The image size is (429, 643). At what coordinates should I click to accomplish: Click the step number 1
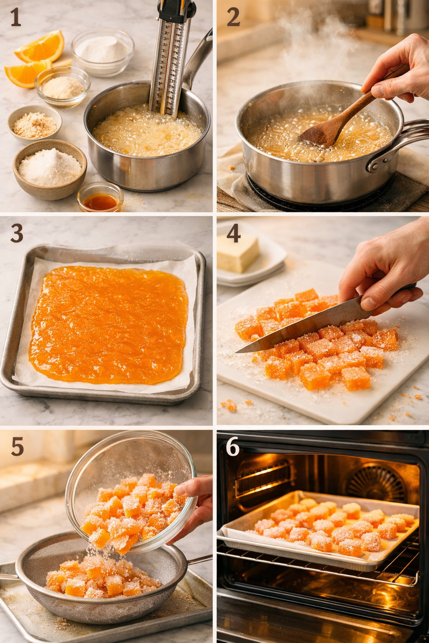pyautogui.click(x=16, y=18)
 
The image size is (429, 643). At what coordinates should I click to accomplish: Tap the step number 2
pyautogui.click(x=233, y=18)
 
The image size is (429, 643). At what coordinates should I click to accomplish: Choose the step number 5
pyautogui.click(x=17, y=447)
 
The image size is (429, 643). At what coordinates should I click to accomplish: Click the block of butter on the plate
pyautogui.click(x=238, y=253)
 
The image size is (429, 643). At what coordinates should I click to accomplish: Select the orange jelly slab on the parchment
pyautogui.click(x=108, y=324)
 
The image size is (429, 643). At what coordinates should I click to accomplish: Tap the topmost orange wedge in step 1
pyautogui.click(x=41, y=46)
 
